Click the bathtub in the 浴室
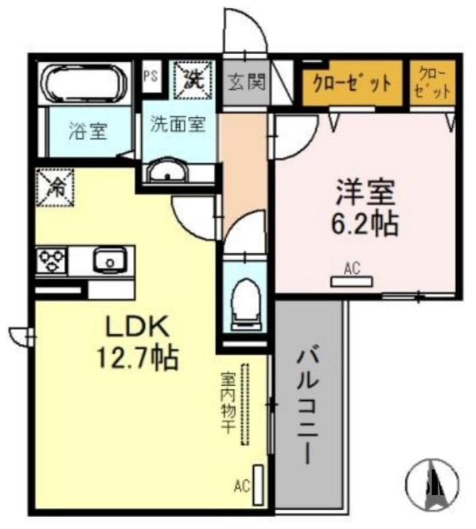point(84,84)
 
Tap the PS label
point(150,75)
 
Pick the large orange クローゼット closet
point(352,84)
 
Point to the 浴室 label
point(88,132)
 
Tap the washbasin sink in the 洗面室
point(168,173)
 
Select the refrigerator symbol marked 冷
point(56,188)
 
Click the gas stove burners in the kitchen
point(50,261)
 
